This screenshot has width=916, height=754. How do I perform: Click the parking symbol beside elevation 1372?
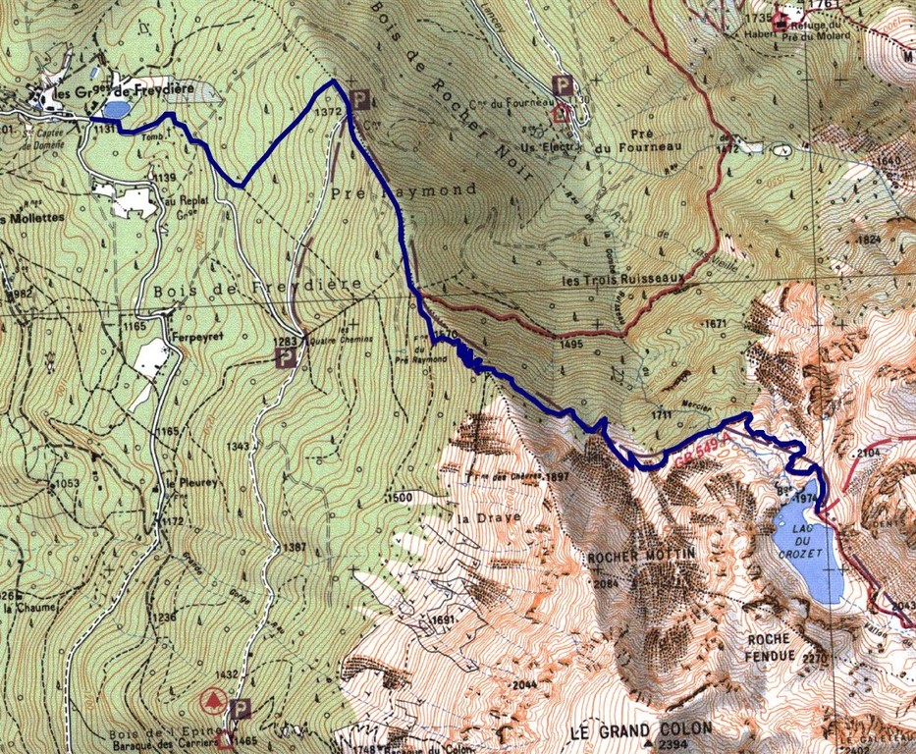(x=360, y=99)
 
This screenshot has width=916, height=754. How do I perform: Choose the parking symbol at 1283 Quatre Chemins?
(x=287, y=359)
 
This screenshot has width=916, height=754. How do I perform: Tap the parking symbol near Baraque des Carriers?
(x=242, y=708)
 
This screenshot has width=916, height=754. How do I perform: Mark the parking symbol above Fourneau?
(x=563, y=84)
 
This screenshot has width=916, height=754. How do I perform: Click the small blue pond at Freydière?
(x=115, y=109)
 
